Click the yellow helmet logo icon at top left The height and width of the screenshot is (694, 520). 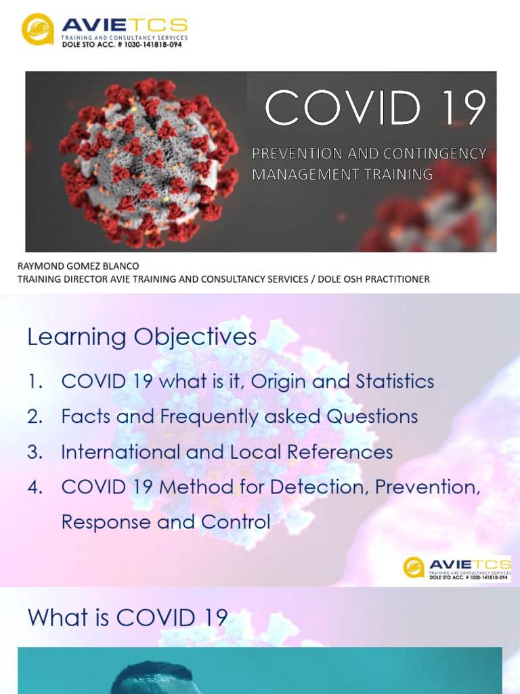coord(37,29)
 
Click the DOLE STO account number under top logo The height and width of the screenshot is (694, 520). coord(122,45)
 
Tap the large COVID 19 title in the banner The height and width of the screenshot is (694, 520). coord(375,108)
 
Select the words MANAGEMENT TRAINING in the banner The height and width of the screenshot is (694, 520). coord(342,174)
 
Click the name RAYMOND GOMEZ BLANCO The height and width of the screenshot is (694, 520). coord(78,266)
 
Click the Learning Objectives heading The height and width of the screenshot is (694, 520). coord(142,337)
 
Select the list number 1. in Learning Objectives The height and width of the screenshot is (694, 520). coord(35,382)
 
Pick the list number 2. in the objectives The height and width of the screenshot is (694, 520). coord(35,417)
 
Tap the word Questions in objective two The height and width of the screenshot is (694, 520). coord(372,417)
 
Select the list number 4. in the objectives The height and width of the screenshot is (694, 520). coord(35,487)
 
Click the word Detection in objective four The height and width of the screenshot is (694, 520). coord(318,487)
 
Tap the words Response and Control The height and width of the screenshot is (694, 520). coord(165,523)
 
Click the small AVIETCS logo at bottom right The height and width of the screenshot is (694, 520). coord(456,568)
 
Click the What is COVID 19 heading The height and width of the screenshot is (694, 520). coord(127,617)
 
